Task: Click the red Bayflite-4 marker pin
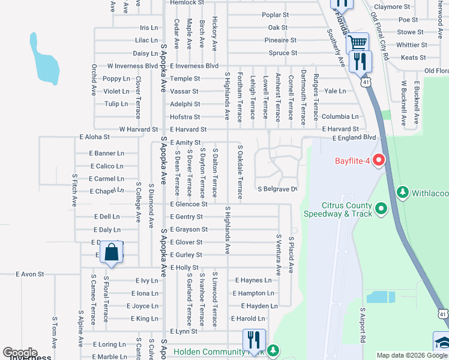378,161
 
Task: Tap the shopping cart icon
358,43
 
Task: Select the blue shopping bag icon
112,253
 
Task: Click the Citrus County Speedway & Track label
337,209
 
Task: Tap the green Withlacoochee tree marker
402,193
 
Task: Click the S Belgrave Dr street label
277,189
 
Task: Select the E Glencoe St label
188,204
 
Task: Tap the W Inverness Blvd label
133,66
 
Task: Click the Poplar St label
276,14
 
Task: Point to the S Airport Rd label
363,325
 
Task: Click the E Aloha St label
94,137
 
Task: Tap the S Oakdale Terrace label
240,172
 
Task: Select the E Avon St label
30,274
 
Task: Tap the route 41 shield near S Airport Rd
442,313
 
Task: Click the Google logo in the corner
20,353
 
